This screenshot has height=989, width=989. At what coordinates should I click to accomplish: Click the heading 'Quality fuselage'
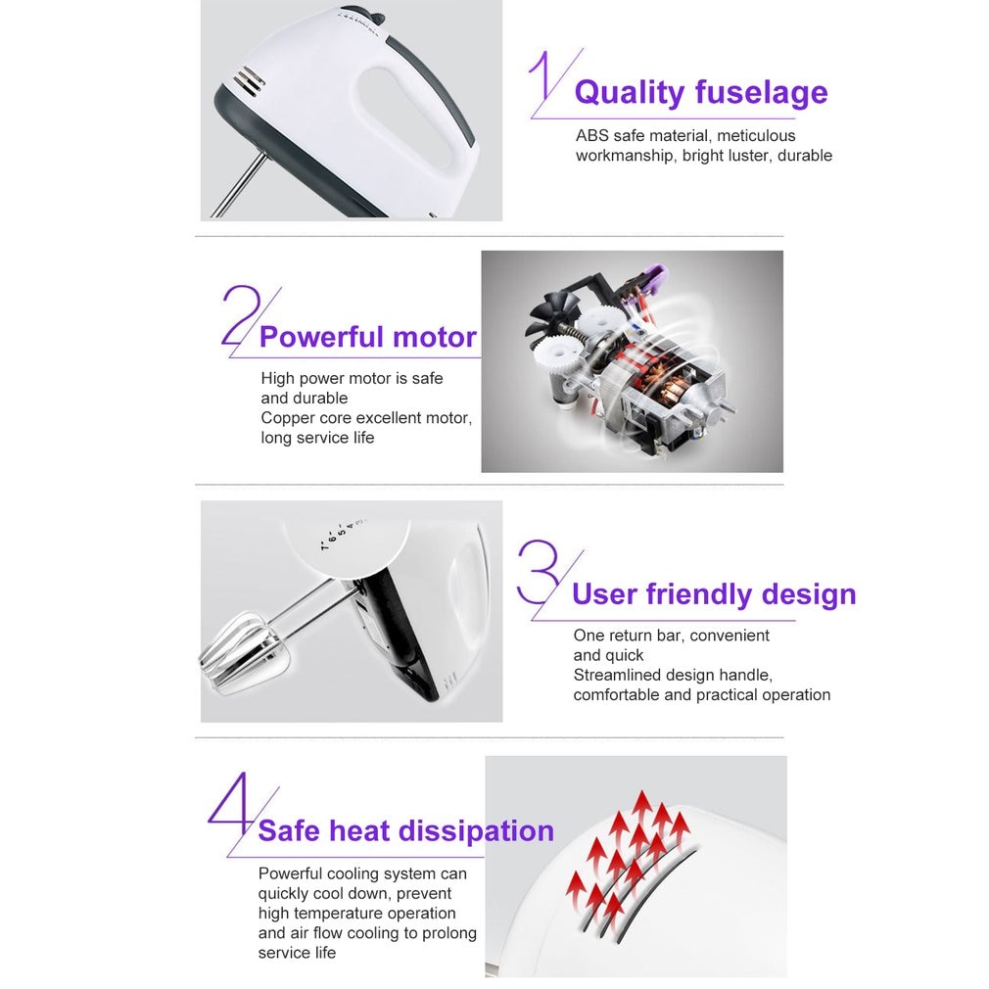tap(700, 93)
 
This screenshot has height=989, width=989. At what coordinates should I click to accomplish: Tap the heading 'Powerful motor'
tap(367, 338)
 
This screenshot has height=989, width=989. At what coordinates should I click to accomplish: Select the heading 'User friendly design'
tap(713, 594)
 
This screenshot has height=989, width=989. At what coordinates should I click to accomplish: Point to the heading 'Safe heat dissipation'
tap(405, 831)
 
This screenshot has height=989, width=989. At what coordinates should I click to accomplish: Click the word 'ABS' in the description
tap(592, 136)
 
